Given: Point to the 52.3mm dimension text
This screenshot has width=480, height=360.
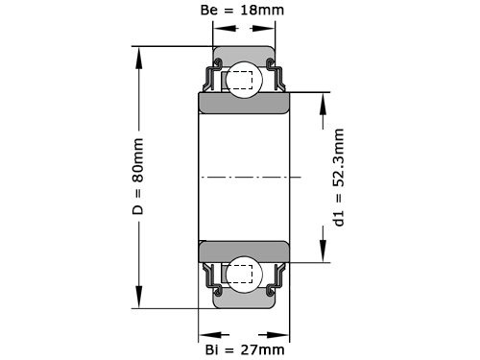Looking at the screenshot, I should click(x=338, y=178).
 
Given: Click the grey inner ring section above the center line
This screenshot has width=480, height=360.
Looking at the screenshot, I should click(x=245, y=103).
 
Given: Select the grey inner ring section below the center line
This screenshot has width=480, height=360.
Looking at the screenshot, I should click(x=245, y=252).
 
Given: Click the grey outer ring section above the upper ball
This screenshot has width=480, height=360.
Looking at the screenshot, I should click(x=245, y=55).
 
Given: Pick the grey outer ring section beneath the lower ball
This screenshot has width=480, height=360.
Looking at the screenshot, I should click(x=245, y=300).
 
